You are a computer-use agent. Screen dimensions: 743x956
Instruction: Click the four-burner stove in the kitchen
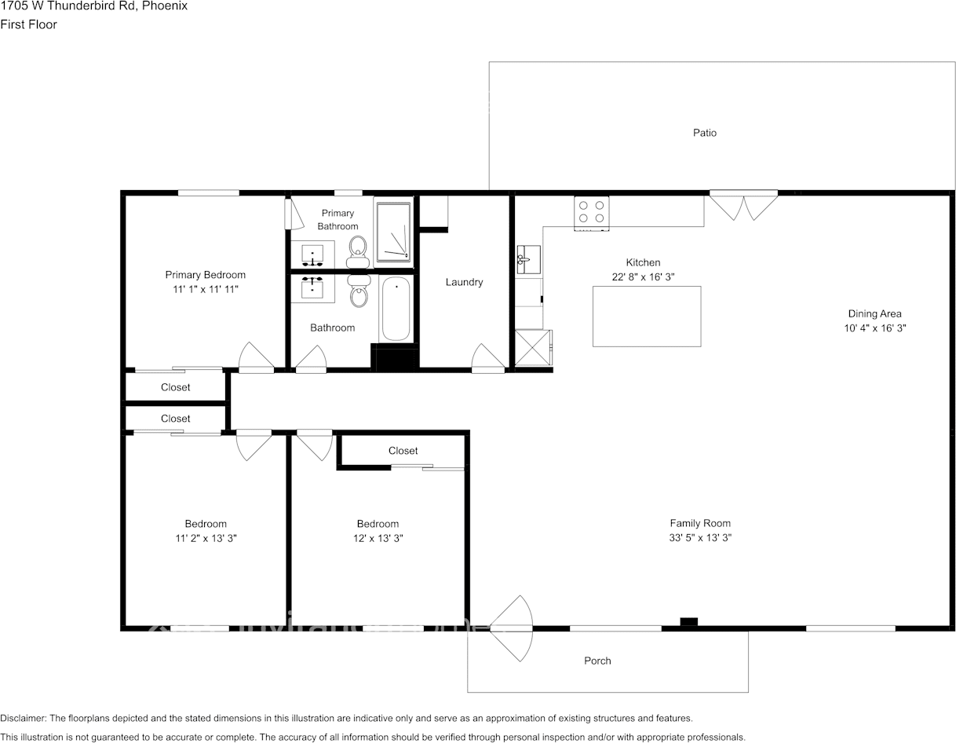coord(591,212)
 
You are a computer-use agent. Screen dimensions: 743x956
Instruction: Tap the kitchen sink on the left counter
coord(528,259)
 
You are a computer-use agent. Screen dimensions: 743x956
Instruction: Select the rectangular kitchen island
coord(646,316)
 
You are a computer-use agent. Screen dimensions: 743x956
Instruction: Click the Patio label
coord(704,133)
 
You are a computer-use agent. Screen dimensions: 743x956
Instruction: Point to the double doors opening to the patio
coord(743,205)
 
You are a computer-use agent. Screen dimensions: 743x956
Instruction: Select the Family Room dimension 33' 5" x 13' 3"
coord(700,538)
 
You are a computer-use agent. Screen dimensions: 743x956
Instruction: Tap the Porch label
coord(597,661)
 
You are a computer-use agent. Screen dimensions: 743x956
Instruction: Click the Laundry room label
coord(464,282)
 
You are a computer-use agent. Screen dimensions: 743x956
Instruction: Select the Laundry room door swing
coord(487,358)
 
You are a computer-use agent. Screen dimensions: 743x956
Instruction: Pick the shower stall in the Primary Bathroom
coord(393,232)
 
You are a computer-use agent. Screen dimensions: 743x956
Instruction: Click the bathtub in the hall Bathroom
coord(396,309)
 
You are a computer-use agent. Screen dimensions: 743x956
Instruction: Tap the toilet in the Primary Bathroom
coord(358,247)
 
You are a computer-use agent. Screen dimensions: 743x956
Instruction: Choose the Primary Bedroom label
coord(205,275)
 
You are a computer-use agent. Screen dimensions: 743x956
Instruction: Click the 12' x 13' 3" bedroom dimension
coord(378,538)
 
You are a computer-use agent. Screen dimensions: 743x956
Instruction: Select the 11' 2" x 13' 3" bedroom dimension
coord(206,538)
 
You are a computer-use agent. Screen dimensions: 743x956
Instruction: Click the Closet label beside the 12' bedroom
coord(403,451)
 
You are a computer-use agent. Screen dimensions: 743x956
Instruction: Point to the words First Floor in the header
coord(28,24)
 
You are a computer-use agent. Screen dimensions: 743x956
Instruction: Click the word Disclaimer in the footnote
coord(23,718)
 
